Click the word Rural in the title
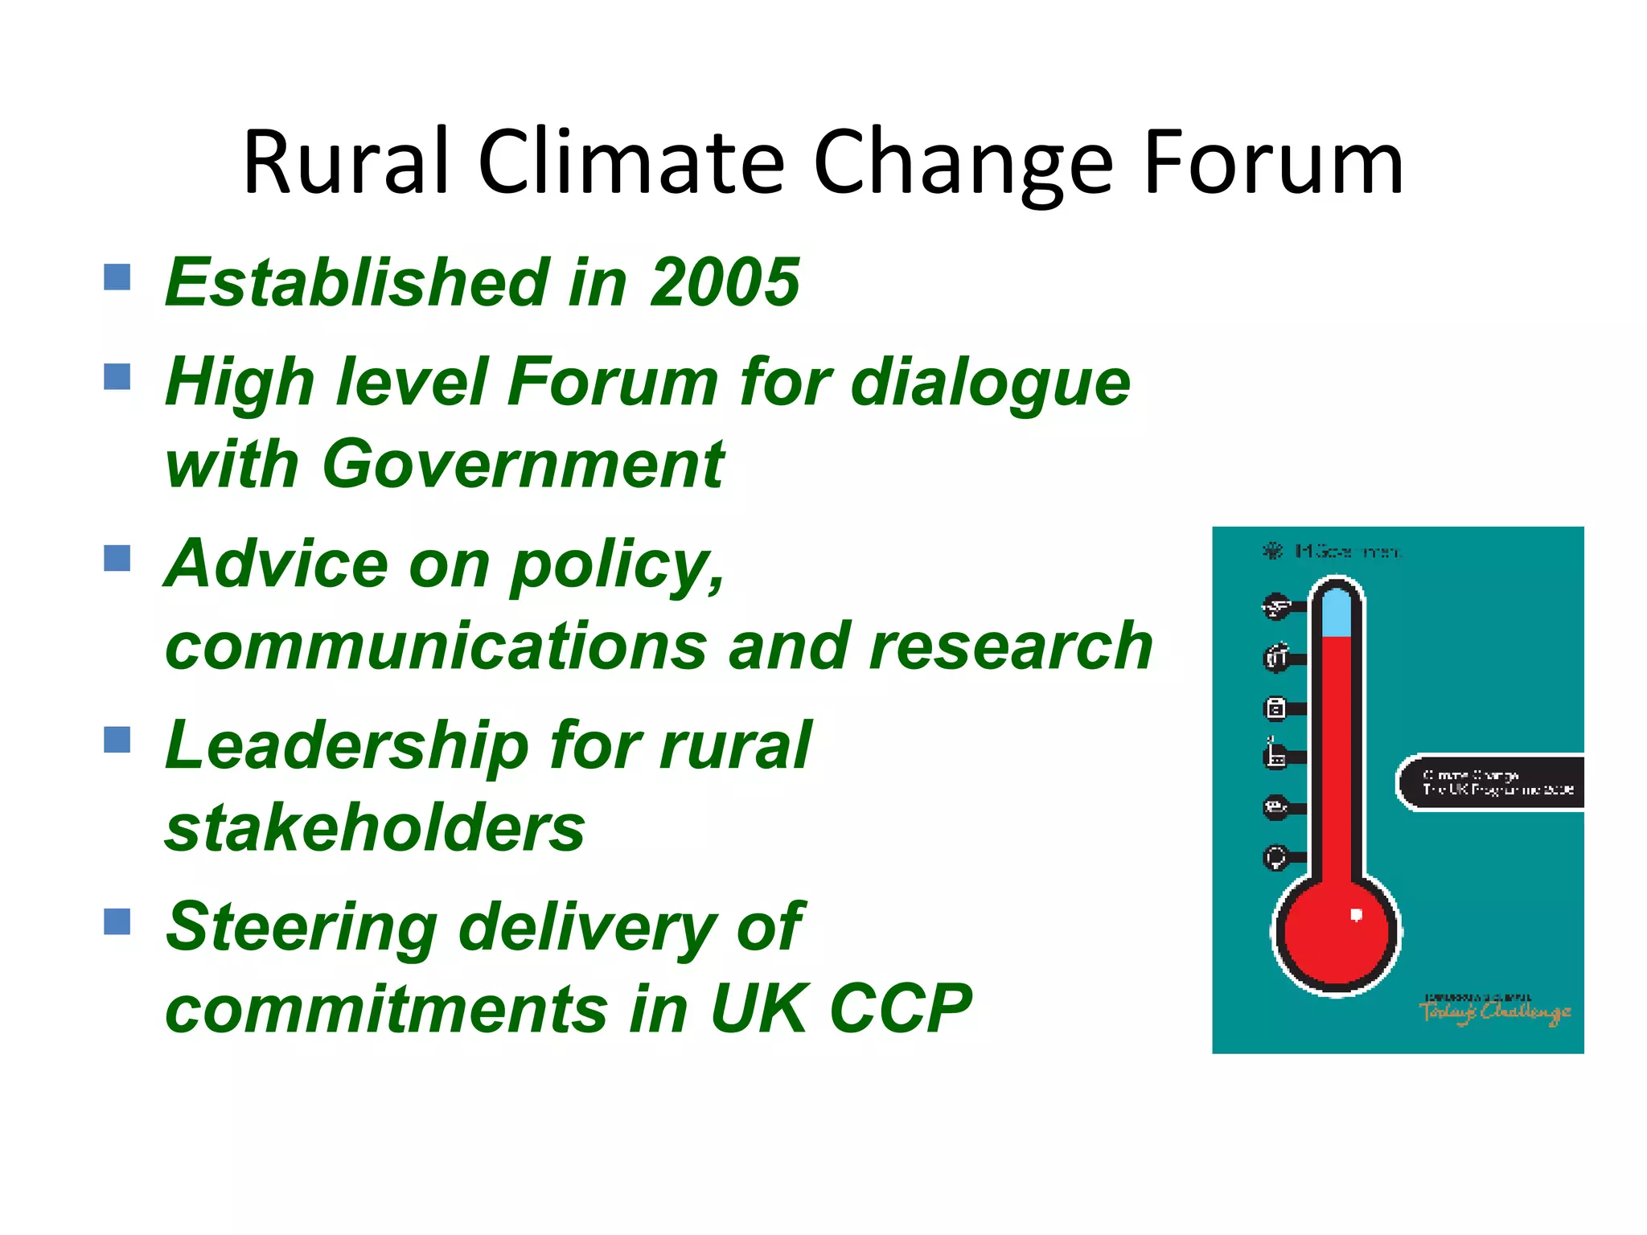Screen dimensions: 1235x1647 click(345, 162)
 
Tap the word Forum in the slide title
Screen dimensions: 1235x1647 click(1272, 162)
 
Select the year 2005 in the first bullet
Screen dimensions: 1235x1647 click(725, 282)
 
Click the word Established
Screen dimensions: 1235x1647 click(357, 282)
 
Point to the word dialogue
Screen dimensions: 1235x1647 click(990, 384)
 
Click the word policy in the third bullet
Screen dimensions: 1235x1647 click(616, 565)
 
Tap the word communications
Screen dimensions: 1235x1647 click(435, 646)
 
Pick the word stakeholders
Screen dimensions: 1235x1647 click(375, 828)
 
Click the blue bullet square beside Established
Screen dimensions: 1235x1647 click(117, 277)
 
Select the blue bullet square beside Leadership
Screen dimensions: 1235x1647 click(117, 740)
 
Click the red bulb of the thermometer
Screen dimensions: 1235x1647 click(1336, 933)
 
